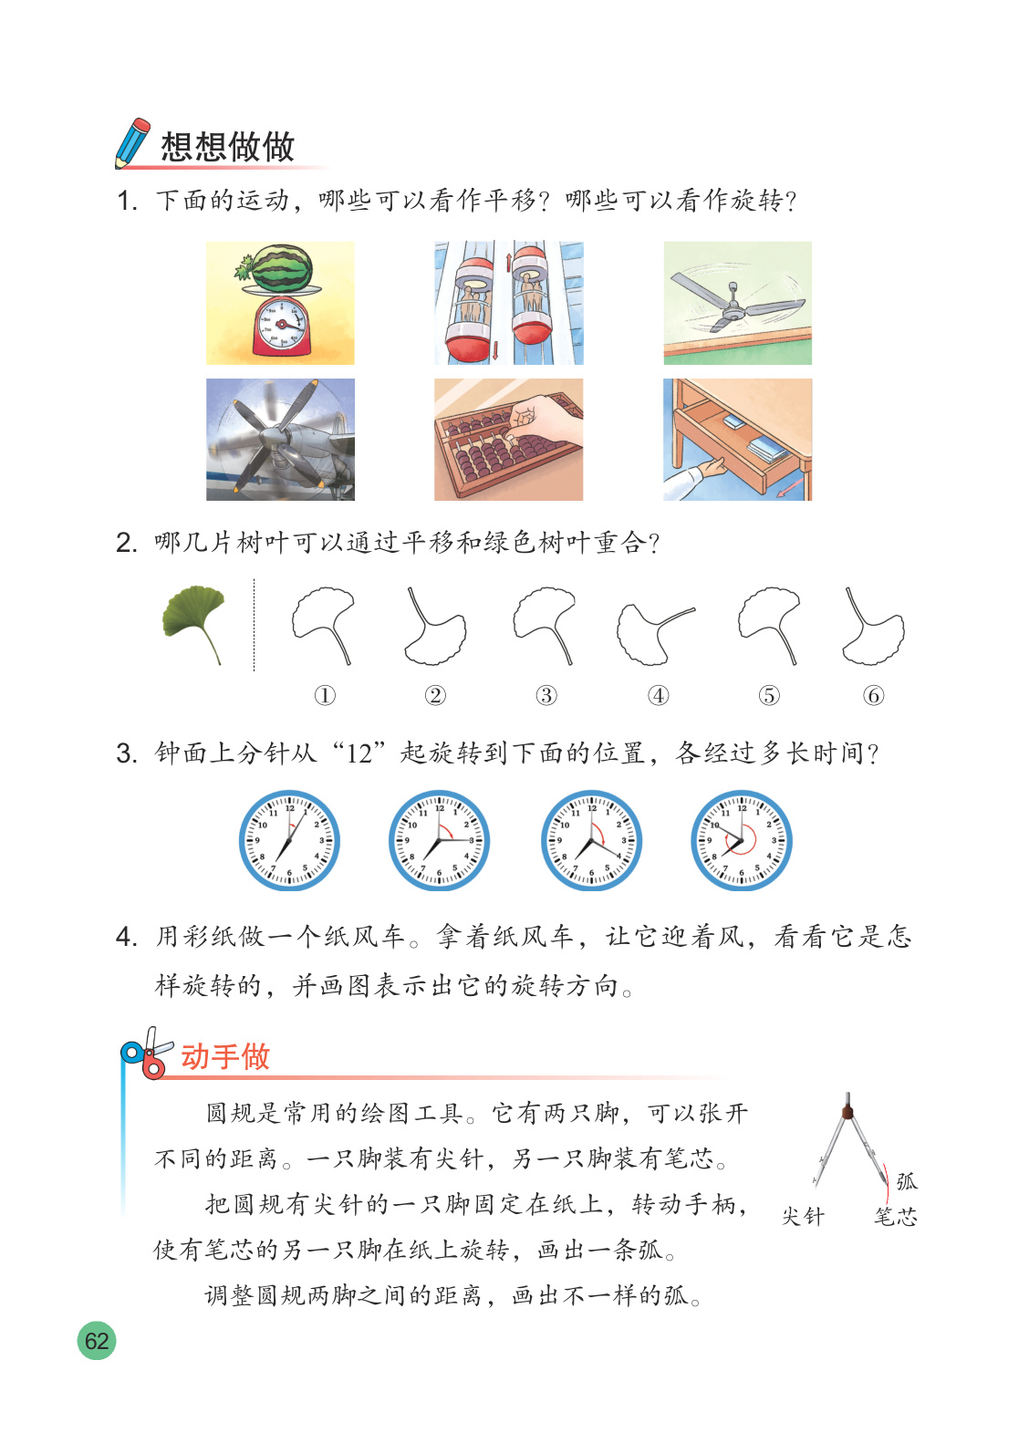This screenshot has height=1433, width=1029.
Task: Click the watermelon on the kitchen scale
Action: click(282, 267)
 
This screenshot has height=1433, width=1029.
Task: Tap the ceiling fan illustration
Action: click(737, 303)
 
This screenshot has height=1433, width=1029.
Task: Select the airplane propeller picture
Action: click(280, 440)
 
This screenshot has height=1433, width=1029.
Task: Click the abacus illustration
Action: click(509, 440)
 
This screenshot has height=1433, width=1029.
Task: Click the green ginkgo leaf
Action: click(194, 622)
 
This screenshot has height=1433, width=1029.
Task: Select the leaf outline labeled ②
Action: click(436, 627)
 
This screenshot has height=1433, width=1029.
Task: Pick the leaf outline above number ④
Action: click(655, 633)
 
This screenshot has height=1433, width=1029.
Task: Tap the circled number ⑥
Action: click(874, 695)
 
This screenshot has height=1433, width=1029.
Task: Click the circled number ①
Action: click(325, 695)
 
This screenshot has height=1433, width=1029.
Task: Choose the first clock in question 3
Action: click(289, 840)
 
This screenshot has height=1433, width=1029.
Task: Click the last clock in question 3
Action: click(742, 840)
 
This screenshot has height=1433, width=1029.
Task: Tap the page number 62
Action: click(97, 1340)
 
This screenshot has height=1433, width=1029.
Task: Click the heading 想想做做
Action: click(227, 147)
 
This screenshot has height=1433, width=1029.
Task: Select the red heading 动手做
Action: click(225, 1056)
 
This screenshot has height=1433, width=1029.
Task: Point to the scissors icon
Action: click(147, 1053)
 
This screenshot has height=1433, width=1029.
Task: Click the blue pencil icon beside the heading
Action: click(132, 143)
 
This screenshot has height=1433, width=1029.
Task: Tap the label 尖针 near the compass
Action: click(803, 1216)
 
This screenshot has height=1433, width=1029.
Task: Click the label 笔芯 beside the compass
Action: click(895, 1216)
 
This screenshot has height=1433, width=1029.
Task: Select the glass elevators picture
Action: click(509, 303)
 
